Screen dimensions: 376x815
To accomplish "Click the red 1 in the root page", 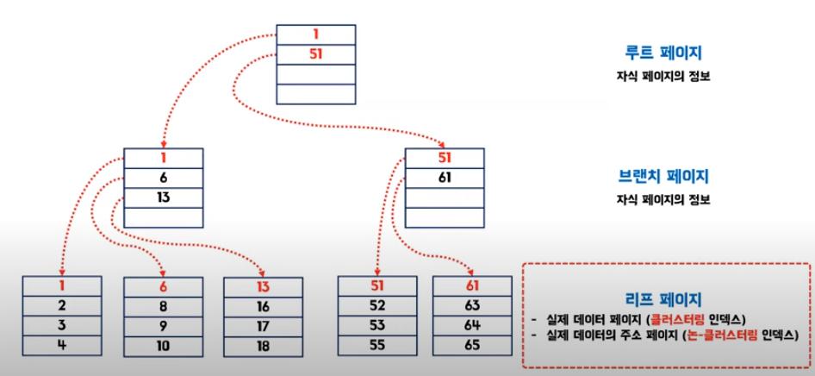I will [x=315, y=34].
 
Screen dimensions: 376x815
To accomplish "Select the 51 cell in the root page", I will [x=315, y=53].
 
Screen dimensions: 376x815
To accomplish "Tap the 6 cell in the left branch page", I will [x=164, y=178].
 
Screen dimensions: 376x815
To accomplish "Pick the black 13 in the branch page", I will [x=164, y=197].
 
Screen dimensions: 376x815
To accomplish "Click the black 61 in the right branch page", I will [x=445, y=178].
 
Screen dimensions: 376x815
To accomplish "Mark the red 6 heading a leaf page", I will [x=164, y=286].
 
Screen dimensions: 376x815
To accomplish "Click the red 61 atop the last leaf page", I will [x=472, y=286].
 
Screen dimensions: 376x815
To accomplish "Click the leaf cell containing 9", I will [x=164, y=326].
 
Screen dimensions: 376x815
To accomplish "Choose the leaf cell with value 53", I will [x=377, y=326].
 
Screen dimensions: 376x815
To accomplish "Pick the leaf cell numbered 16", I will [x=264, y=306].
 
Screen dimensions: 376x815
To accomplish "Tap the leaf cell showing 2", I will [x=62, y=306].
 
